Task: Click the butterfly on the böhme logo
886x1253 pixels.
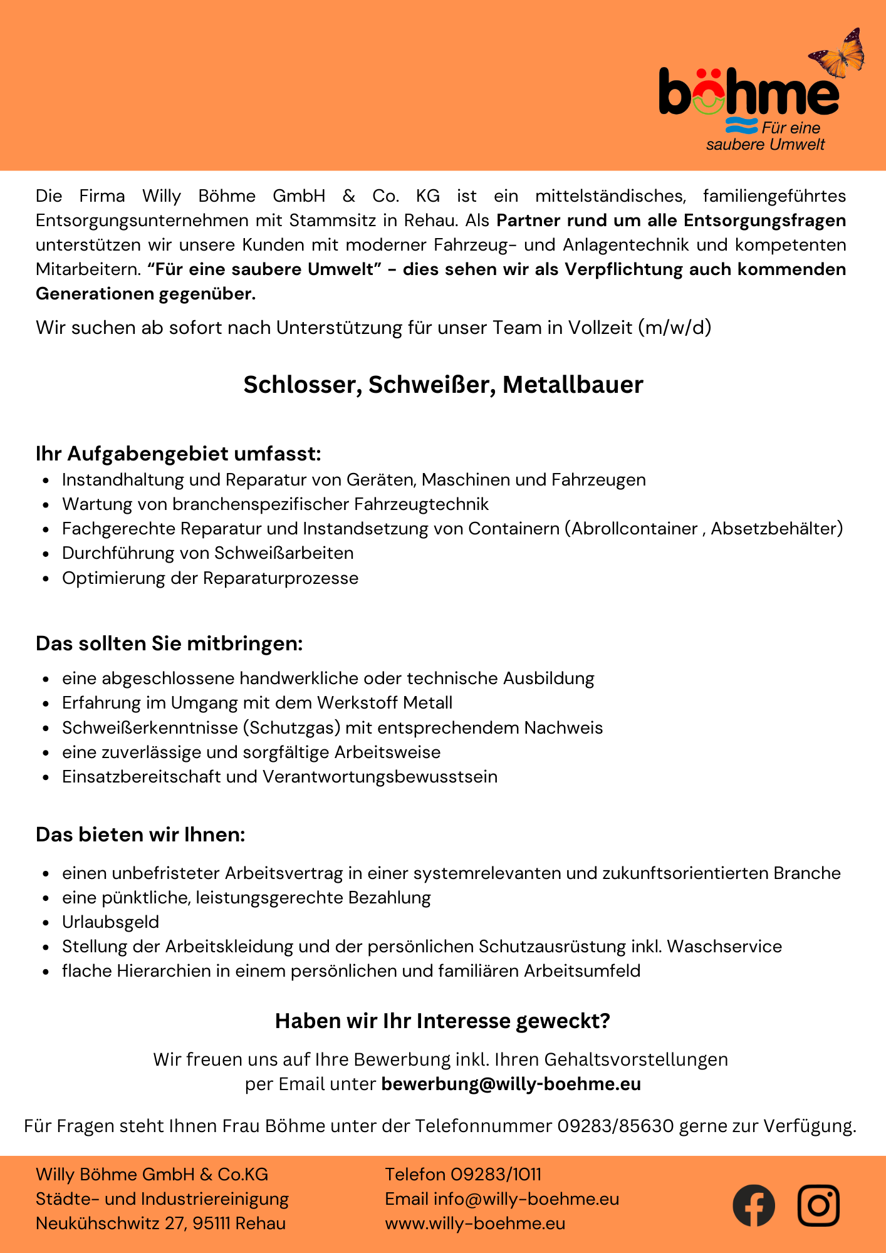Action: point(838,53)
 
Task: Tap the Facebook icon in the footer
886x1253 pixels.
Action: point(753,1205)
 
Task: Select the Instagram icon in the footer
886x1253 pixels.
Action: point(818,1205)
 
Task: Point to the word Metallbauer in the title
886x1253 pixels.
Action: point(573,385)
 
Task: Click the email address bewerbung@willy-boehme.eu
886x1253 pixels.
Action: point(511,1084)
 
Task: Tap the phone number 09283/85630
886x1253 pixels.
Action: point(615,1126)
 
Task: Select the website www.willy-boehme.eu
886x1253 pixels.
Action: point(475,1223)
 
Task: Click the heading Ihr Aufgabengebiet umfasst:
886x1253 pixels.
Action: point(178,453)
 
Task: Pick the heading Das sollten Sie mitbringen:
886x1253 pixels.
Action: point(169,643)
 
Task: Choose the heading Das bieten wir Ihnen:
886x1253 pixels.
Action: point(140,834)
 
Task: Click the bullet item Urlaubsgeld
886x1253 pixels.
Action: point(110,922)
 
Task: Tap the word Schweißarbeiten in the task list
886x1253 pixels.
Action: point(284,553)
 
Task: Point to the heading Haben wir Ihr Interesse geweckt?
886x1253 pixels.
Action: point(442,1021)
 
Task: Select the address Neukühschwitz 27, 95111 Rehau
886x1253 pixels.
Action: point(160,1223)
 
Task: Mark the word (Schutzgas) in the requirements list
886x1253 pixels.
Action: point(291,727)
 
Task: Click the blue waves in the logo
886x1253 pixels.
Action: point(741,126)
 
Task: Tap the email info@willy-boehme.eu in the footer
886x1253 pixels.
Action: point(526,1198)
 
